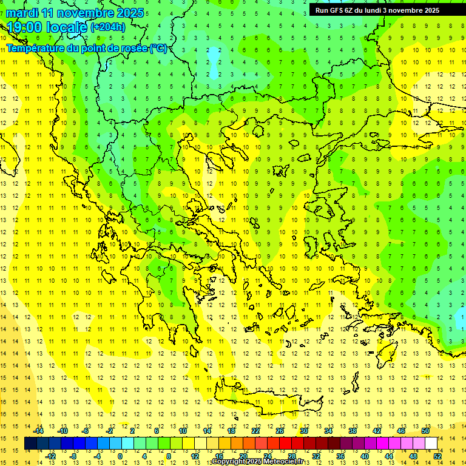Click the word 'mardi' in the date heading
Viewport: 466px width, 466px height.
pos(21,13)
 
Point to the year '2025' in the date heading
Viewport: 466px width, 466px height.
pos(130,13)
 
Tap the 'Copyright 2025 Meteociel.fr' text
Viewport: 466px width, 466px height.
pos(257,462)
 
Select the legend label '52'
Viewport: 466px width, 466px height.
pos(437,456)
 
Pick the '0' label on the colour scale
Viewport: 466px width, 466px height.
pos(120,456)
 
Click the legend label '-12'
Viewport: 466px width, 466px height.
pos(50,456)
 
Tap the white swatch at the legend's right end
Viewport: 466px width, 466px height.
pos(431,444)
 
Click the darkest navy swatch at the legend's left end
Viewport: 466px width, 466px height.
pos(31,444)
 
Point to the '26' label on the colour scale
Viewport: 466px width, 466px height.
pos(280,431)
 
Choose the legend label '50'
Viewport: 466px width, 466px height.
pos(425,431)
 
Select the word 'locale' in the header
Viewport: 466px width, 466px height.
pos(68,26)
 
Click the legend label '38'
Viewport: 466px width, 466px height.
pos(352,431)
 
